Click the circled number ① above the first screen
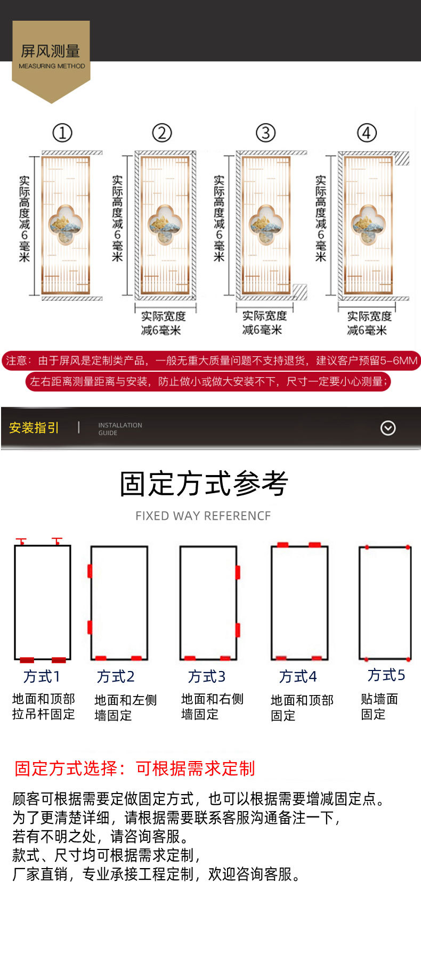point(62,133)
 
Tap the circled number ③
point(266,133)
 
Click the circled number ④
point(367,133)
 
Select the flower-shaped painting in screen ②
point(165,224)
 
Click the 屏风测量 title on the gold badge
point(51,51)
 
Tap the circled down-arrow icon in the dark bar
point(388,428)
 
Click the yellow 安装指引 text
point(34,428)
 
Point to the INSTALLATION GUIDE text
point(120,429)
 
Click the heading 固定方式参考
point(204,484)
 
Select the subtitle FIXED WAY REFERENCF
point(203,516)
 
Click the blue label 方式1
point(42,676)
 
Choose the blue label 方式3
point(207,676)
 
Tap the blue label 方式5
point(386,675)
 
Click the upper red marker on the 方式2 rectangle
point(90,571)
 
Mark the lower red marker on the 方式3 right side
point(238,629)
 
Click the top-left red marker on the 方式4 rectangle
point(282,545)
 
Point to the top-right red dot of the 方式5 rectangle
point(408,547)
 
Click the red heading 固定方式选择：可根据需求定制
point(135,768)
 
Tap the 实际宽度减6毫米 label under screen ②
point(163,323)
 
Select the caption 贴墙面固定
point(379,706)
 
